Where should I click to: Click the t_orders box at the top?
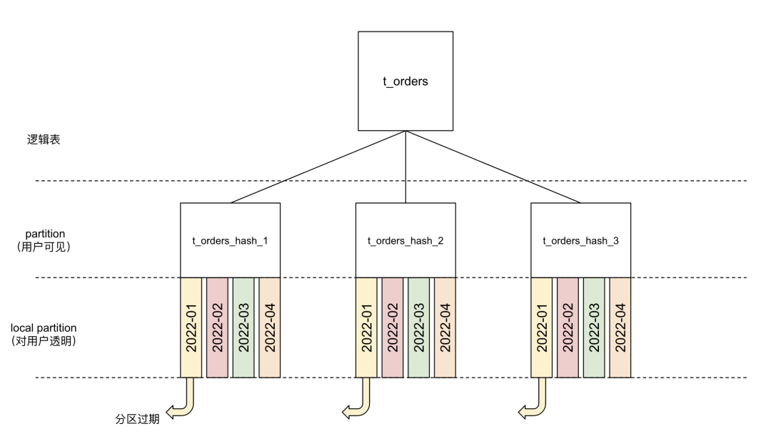pos(405,81)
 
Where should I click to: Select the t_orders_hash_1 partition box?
pos(230,240)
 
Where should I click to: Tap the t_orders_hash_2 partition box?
pos(405,240)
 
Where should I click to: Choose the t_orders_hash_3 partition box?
pos(580,240)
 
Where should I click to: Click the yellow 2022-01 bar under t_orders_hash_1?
pos(191,327)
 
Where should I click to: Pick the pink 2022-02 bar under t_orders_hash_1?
pos(217,327)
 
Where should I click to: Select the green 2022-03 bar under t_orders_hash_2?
pos(418,327)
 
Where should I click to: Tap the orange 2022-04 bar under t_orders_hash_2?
pos(444,327)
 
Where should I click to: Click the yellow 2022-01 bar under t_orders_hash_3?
pos(543,327)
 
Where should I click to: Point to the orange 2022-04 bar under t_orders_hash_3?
pos(620,327)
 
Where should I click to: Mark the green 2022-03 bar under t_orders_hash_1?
pos(243,327)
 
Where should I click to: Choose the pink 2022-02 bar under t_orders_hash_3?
pos(568,327)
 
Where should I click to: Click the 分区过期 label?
pos(137,419)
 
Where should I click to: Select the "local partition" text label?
pos(44,327)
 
